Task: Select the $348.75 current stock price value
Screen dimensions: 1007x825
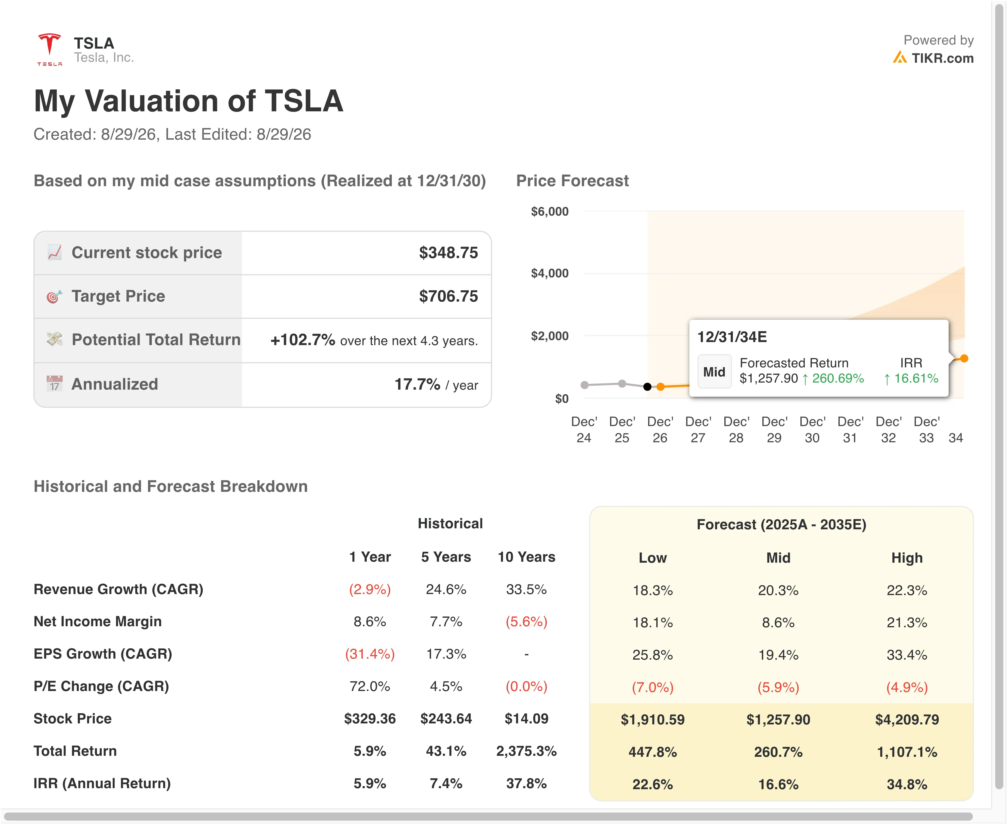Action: pos(448,253)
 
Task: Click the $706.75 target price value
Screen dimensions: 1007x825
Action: pos(448,297)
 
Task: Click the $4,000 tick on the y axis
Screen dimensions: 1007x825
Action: pos(550,273)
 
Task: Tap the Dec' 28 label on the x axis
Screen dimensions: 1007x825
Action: pos(736,430)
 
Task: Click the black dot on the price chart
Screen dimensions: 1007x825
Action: pos(647,387)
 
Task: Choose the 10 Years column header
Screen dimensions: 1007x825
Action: pos(526,557)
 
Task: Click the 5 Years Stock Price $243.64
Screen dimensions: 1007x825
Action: pos(446,719)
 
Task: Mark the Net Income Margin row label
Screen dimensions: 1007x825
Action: pos(97,622)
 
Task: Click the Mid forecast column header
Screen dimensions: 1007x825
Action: pos(778,558)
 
